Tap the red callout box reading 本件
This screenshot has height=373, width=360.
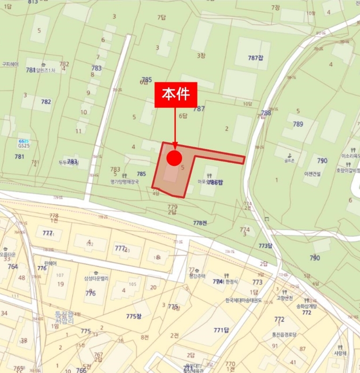click(x=176, y=95)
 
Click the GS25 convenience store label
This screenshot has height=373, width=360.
click(x=23, y=144)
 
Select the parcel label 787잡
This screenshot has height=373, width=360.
click(x=256, y=58)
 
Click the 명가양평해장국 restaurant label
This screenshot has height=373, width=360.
click(x=125, y=181)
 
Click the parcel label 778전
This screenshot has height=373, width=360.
click(x=200, y=223)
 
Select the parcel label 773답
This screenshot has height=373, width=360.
click(x=265, y=246)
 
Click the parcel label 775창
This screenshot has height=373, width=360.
click(x=134, y=316)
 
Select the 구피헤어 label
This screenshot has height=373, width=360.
click(x=10, y=64)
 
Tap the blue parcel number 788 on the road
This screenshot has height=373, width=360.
click(x=266, y=113)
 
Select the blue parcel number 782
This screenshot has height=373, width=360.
click(x=46, y=102)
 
